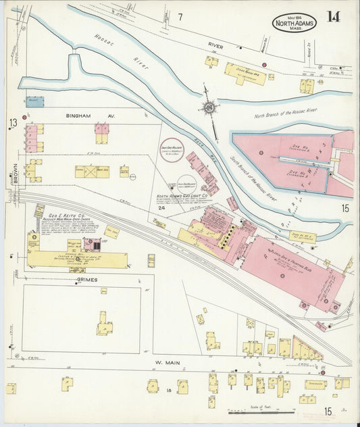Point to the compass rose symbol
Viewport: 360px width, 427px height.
click(x=210, y=107)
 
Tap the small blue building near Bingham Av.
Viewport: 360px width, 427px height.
click(x=34, y=102)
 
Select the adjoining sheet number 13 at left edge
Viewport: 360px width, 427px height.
click(x=12, y=122)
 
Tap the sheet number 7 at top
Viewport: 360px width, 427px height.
click(x=180, y=16)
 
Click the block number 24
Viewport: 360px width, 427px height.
click(x=161, y=208)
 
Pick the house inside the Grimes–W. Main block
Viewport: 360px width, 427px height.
click(x=104, y=326)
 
